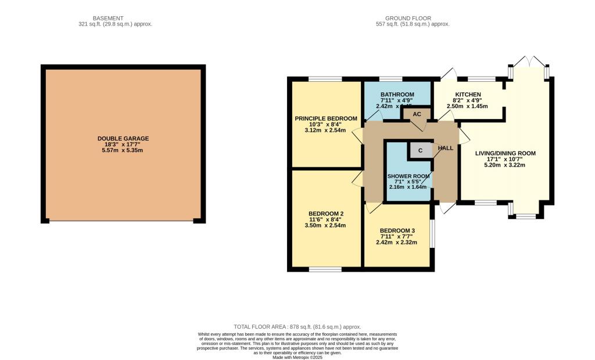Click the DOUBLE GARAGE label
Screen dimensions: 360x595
coord(123,138)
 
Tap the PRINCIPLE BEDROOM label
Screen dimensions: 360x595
coord(325,118)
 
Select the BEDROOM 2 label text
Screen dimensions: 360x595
coord(325,213)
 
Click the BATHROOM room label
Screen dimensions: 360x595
coord(397,95)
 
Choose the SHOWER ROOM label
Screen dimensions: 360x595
coord(408,176)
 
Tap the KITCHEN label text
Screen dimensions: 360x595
coord(468,95)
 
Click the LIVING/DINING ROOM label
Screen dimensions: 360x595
coord(505,153)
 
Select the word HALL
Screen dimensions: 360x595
coord(446,148)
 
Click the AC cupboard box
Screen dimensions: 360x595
coord(417,114)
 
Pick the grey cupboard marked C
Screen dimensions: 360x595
coord(421,150)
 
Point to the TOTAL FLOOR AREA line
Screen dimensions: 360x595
coord(297,327)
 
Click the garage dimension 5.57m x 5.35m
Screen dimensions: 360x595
coord(123,150)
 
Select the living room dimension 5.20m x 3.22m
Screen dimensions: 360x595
coord(505,165)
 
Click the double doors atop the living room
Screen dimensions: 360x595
coord(529,62)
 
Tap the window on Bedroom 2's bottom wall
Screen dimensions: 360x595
coord(325,269)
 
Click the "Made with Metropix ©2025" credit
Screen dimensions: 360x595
coord(297,357)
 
